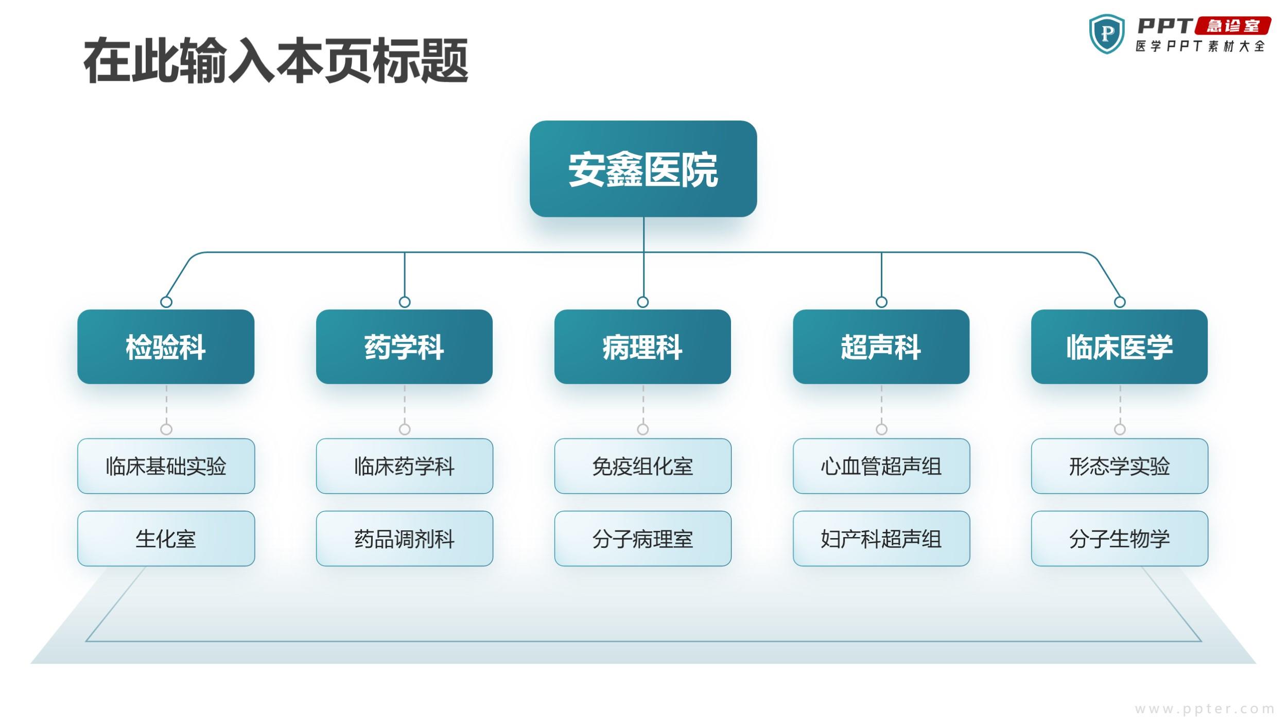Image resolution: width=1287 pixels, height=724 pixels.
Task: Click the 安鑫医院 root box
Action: point(643,169)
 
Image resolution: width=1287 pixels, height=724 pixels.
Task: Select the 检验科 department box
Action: point(166,347)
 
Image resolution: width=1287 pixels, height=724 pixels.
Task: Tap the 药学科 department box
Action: point(404,347)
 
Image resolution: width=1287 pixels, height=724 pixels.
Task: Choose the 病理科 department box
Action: point(642,347)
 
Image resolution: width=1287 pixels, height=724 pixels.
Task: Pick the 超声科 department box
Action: point(881,347)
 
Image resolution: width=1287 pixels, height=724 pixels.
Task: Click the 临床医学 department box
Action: point(1119,347)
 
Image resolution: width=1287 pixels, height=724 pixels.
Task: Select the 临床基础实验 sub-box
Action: point(166,466)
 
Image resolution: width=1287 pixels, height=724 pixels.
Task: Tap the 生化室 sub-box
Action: point(166,539)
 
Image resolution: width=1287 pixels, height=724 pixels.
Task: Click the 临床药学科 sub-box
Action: point(404,466)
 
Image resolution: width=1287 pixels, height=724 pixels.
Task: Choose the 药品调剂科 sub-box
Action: point(404,539)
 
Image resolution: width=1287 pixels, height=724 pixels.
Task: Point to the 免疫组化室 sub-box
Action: point(642,466)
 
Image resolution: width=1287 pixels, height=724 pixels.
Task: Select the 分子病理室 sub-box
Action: point(642,539)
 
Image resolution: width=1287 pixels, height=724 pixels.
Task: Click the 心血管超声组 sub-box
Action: point(881,466)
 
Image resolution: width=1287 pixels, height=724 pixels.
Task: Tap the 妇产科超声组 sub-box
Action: point(881,539)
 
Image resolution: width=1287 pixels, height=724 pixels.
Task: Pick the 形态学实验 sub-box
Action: point(1120,466)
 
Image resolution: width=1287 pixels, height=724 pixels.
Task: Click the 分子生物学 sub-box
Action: point(1120,539)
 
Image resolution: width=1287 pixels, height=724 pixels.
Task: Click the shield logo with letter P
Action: point(1107,34)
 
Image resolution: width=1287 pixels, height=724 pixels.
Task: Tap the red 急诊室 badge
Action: point(1233,26)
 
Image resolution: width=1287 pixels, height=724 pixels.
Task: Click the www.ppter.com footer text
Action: point(1205,709)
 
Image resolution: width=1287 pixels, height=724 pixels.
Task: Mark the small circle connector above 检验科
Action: point(166,302)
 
